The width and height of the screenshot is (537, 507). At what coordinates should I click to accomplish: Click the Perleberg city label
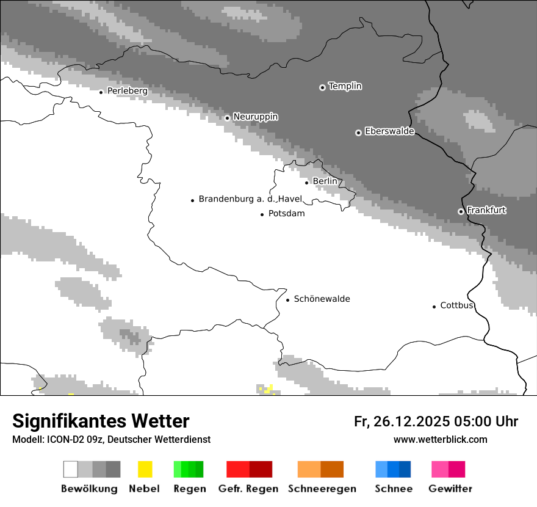click(127, 91)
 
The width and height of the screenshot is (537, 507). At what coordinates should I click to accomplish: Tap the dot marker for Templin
click(322, 87)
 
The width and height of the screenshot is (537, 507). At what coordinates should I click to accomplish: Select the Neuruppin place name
click(255, 117)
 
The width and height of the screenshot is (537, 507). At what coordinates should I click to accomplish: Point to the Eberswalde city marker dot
click(358, 133)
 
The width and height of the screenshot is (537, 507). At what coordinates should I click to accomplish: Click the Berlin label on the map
click(325, 181)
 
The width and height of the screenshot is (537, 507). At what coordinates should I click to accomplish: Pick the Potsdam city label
click(286, 214)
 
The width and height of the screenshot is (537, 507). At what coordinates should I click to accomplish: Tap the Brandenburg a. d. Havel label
click(250, 199)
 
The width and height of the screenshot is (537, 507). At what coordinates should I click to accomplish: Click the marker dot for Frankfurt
click(461, 211)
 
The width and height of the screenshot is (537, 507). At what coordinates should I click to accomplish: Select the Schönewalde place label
click(322, 299)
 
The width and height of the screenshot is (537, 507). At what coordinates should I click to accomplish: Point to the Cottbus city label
click(457, 305)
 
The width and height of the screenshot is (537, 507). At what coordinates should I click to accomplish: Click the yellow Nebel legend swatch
click(145, 469)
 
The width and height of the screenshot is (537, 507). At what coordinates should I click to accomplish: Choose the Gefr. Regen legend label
click(248, 489)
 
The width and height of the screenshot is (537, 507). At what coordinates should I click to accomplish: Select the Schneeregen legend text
click(322, 489)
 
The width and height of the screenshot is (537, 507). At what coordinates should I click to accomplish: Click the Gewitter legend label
click(450, 489)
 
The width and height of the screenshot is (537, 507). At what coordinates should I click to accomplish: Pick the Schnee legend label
click(394, 489)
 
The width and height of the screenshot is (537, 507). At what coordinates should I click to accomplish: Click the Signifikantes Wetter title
click(101, 421)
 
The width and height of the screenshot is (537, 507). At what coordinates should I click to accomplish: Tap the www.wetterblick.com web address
click(440, 439)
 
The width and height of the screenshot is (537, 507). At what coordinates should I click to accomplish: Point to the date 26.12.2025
click(409, 421)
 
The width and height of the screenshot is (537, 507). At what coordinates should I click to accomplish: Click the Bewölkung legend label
click(89, 489)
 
